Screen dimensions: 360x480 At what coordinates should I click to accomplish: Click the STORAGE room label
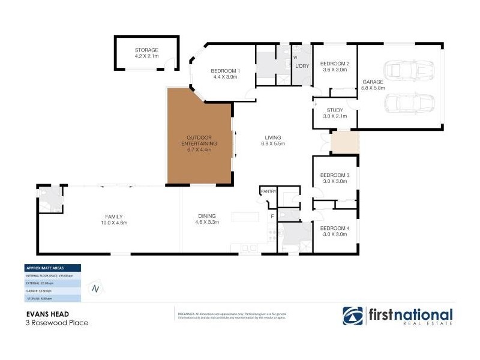click(146, 50)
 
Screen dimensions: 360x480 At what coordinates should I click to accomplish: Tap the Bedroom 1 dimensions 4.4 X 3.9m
click(226, 77)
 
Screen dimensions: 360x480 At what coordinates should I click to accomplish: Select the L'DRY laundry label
click(301, 66)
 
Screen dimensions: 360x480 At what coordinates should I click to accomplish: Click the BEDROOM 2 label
click(334, 64)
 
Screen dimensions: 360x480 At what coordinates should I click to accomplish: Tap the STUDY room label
click(334, 110)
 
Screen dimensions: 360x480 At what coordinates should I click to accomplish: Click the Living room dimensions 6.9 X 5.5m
click(272, 144)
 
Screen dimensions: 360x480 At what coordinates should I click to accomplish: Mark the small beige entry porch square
click(344, 143)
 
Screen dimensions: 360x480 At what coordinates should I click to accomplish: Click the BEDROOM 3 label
click(334, 175)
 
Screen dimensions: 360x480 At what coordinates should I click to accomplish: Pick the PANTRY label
click(268, 191)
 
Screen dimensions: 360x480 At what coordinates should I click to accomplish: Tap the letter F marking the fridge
click(272, 215)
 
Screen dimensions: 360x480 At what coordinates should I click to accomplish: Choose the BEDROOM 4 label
click(334, 229)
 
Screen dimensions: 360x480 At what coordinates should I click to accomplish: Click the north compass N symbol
click(95, 289)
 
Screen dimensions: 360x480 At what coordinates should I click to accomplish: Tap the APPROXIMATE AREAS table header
click(52, 268)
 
